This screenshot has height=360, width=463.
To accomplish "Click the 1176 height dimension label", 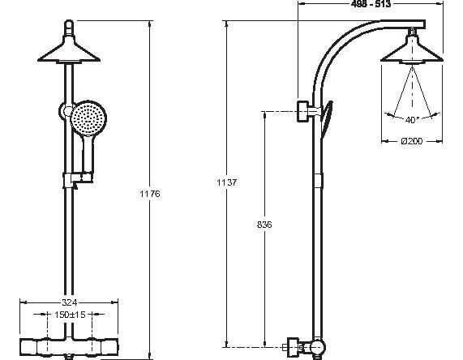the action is coord(150,194).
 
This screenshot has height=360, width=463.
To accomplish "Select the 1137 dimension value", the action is coord(226,182).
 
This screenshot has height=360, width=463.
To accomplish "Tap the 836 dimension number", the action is coord(264,225).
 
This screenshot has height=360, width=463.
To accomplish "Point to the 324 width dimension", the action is coord(70,302).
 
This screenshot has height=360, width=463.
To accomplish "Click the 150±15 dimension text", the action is coord(70,315).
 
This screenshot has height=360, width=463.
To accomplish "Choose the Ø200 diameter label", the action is coord(412,141).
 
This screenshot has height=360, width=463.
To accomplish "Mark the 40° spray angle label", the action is coord(412,120).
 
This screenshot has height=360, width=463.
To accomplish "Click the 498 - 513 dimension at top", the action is coord(371,4).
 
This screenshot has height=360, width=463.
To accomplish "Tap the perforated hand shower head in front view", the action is coord(88,118).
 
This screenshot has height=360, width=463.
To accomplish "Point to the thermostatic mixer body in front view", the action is coord(69,346).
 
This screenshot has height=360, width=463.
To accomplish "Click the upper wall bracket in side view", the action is coord(304,111).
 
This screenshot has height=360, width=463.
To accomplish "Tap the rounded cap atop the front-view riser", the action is coord(69,28).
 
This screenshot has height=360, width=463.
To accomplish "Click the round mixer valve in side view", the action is coord(317,346).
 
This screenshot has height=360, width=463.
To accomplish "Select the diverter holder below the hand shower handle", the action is coord(79,179).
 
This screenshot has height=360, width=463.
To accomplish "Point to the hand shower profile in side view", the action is coord(327,118).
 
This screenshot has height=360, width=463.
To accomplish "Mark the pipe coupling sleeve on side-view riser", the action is coord(317,181).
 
